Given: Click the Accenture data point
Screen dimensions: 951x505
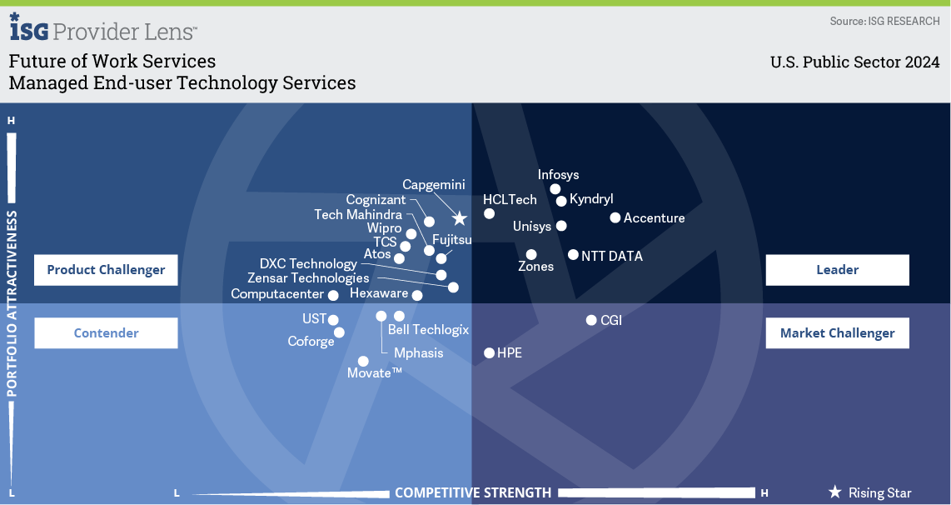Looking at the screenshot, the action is point(615,217).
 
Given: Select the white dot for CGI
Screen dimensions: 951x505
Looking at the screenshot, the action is point(591,320).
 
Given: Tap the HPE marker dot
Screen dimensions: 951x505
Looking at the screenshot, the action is point(490,352).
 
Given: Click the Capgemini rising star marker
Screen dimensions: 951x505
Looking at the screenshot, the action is point(460,218).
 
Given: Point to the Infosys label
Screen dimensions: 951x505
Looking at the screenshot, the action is point(558,175).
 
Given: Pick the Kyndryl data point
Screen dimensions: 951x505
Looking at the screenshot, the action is point(561,201).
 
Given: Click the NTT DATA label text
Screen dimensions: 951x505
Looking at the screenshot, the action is point(612,256).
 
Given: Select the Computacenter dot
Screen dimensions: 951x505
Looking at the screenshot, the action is point(333,296).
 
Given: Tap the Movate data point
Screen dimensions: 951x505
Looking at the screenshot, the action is point(363,361).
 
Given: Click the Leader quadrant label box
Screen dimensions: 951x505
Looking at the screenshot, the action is point(837,269).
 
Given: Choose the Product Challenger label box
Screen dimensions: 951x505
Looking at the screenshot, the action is point(106,269).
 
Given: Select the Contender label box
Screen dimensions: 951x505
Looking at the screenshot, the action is point(106,332).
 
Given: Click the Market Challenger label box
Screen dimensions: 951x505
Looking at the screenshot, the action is point(837,332).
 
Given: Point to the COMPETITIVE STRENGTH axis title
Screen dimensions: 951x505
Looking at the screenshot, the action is point(473,492).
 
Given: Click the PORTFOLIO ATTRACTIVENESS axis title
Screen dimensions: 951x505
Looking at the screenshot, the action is point(12,303).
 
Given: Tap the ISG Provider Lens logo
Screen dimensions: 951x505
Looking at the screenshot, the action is point(103,27).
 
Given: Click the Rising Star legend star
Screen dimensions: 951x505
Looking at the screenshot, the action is point(835,492).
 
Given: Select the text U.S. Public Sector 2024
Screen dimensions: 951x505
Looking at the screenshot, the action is point(855,62).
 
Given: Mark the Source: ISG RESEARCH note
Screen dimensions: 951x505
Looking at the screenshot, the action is point(885,21).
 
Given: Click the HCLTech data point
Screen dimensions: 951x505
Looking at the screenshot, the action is point(490,213).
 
